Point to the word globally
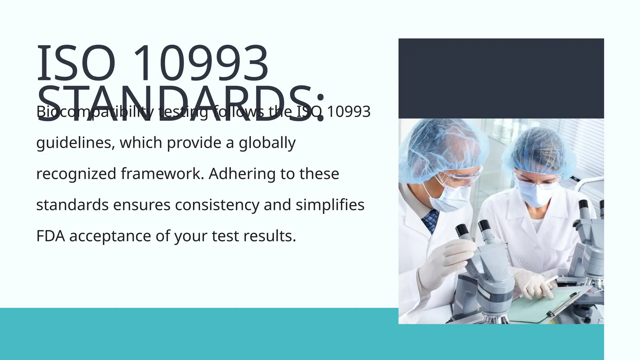[x=267, y=143]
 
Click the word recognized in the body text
[x=76, y=174]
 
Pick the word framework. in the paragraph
[x=162, y=174]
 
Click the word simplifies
[x=330, y=205]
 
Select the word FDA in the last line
[x=50, y=236]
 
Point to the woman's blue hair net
[x=541, y=147]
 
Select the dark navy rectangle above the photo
[x=501, y=78]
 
